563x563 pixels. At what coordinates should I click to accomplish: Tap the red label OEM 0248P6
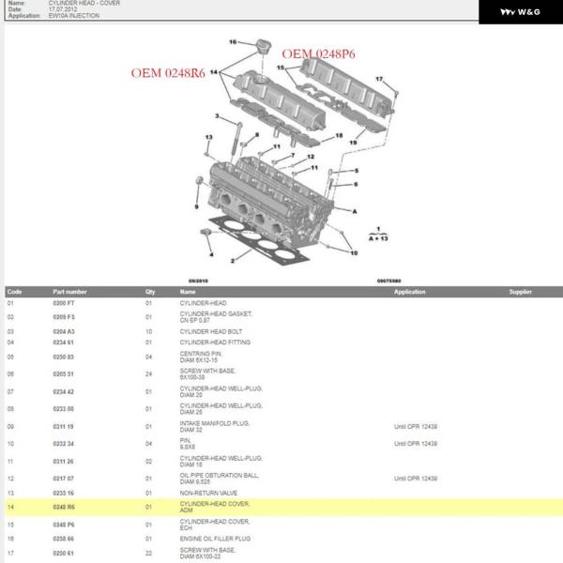point(319,54)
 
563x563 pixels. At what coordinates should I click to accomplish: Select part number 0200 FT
point(69,303)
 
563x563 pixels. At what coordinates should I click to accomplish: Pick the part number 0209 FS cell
point(69,318)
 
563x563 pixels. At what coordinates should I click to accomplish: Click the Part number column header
point(69,292)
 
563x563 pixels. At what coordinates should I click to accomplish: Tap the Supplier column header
point(521,292)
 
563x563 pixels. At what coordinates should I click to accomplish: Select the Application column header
point(409,292)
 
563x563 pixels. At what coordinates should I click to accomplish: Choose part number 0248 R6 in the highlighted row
point(69,508)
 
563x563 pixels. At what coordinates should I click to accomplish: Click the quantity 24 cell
point(148,373)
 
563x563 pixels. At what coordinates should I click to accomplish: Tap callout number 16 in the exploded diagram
point(234,41)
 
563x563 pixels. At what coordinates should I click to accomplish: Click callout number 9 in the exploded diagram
point(196,206)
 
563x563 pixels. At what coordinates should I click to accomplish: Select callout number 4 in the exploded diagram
point(211,254)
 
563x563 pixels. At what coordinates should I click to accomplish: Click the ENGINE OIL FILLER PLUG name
point(216,539)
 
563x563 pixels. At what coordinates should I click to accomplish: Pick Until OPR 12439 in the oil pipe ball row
point(415,479)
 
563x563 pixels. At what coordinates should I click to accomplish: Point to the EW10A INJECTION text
point(73,16)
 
